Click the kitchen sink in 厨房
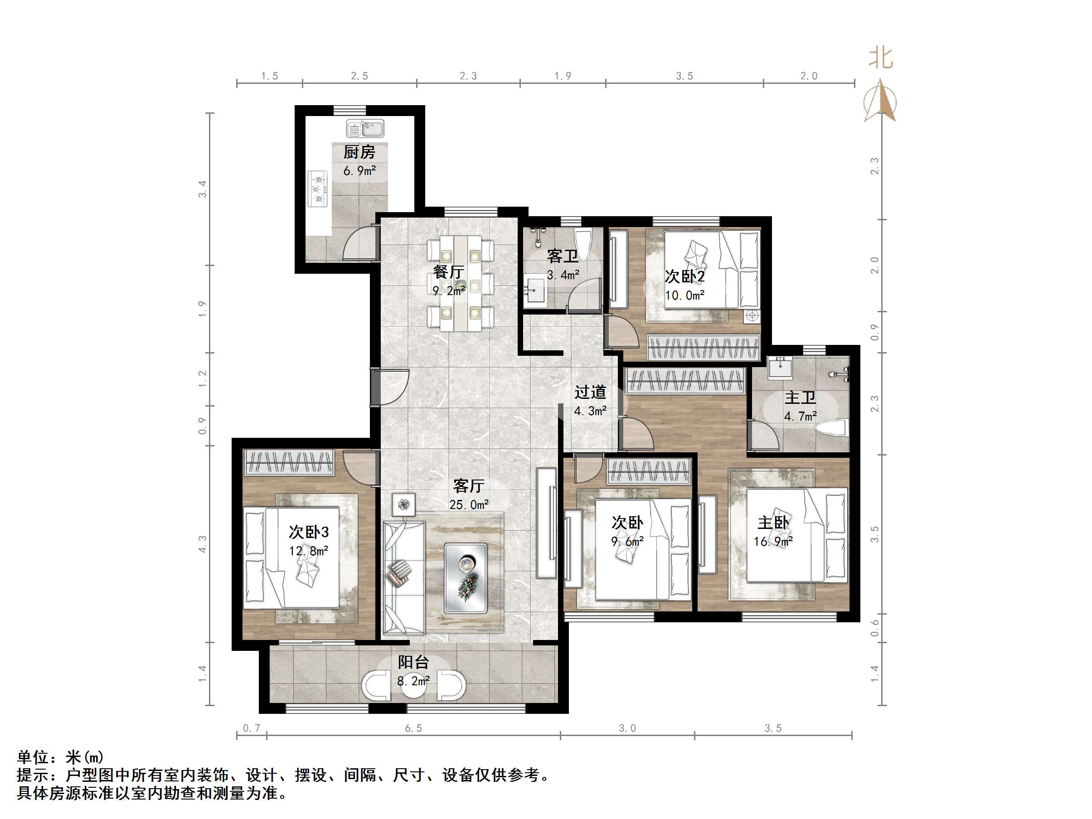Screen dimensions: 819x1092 [x=365, y=128]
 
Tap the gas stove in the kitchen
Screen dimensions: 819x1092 [x=318, y=188]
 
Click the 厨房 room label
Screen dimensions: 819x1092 [x=359, y=152]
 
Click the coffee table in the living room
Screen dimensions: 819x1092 [x=465, y=578]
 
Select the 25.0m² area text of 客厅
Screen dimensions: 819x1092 [x=469, y=504]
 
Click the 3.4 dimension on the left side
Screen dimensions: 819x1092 [x=203, y=189]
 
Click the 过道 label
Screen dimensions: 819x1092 [x=590, y=393]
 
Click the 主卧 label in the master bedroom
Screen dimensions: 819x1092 [x=774, y=523]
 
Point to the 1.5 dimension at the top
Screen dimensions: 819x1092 [x=270, y=76]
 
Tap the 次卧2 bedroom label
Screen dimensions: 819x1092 [x=685, y=276]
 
